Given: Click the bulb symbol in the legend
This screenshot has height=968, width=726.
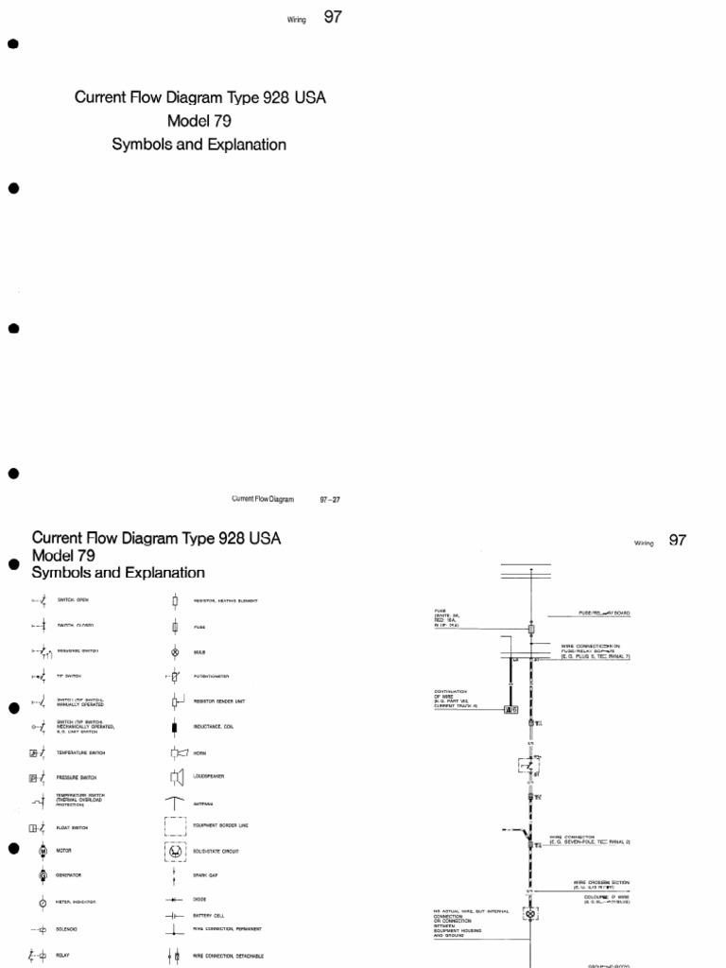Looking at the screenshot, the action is [175, 652].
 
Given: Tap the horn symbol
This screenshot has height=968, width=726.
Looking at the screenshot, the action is [177, 753].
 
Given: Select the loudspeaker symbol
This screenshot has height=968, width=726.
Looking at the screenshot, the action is [176, 777].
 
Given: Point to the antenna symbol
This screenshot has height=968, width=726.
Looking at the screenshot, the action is [176, 803].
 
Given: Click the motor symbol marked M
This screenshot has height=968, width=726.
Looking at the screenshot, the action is [43, 851].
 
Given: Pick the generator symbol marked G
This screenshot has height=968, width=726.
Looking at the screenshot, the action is [43, 875].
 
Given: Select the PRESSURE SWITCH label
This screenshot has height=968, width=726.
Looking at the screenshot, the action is [77, 778].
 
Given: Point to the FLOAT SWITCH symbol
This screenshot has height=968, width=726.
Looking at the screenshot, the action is [38, 827].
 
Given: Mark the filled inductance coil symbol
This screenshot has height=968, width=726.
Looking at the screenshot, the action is [175, 727].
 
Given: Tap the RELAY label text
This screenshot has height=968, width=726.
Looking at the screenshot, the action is [63, 956].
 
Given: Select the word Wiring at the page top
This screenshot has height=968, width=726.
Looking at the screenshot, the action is [299, 18].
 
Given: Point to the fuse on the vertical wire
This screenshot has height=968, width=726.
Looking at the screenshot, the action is [531, 629].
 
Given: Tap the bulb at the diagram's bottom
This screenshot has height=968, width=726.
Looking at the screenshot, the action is [531, 915].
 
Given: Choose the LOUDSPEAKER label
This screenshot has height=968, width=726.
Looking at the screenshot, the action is [210, 777].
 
